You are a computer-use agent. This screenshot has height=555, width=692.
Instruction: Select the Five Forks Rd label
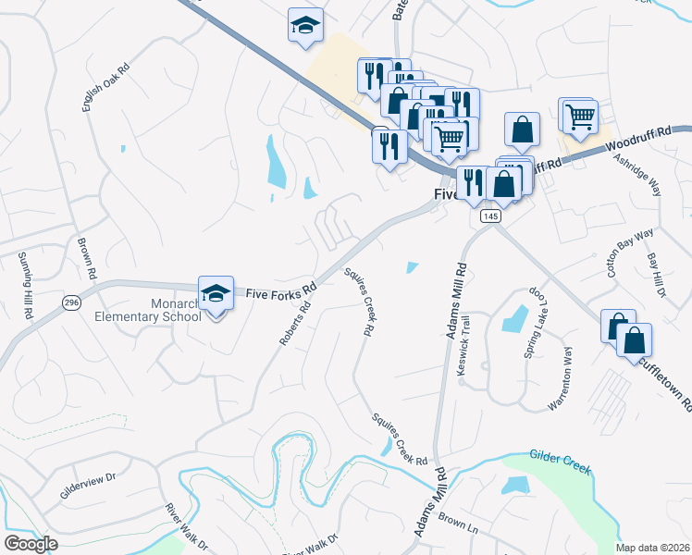282,292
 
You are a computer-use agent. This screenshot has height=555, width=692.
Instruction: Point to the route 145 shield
490,216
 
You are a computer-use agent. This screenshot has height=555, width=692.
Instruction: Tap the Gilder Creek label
560,462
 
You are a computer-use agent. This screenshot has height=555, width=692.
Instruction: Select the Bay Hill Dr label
656,276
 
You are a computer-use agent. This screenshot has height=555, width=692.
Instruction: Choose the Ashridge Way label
637,173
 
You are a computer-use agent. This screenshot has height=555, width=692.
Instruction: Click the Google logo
31,543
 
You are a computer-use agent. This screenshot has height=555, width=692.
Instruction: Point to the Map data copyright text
652,548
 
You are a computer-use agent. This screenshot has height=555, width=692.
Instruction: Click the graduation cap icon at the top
304,26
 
